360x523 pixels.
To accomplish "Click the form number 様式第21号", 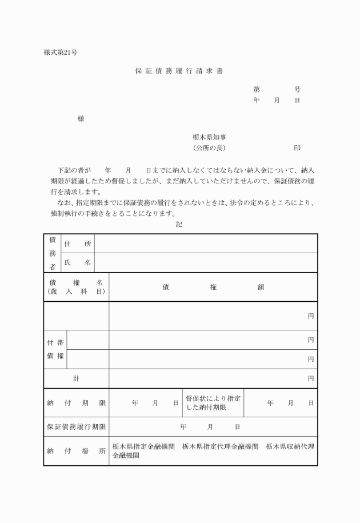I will (x=61, y=53).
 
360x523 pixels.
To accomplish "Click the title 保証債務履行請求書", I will (x=179, y=72).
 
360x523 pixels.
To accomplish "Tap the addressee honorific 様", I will (x=81, y=119).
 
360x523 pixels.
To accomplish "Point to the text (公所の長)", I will (x=210, y=148).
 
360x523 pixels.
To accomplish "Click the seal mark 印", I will (x=297, y=148).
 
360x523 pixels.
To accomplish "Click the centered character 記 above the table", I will (x=179, y=225).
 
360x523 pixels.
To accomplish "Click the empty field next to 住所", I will (x=206, y=243).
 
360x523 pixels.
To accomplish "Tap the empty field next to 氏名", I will (x=206, y=262).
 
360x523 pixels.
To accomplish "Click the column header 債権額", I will (x=213, y=287).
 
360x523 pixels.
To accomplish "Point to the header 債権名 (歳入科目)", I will (x=76, y=287).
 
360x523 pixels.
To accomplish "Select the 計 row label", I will (x=76, y=378).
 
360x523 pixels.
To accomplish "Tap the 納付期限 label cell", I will (x=76, y=402).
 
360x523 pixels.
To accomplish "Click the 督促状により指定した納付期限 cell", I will (x=213, y=402).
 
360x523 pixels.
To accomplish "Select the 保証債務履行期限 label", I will (x=76, y=426).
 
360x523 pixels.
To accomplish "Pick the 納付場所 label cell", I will (x=76, y=451).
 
